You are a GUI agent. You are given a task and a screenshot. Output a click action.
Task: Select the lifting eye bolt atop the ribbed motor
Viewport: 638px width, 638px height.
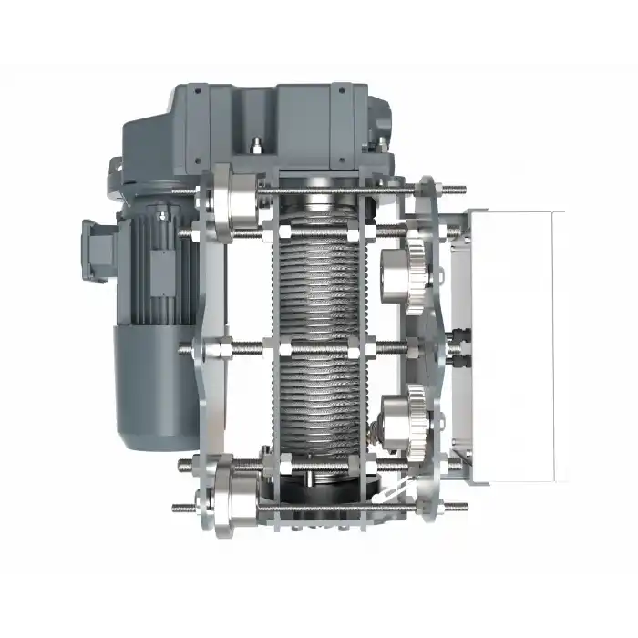[163, 215]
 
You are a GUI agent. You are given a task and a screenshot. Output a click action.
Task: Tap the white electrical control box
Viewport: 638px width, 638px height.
[515, 346]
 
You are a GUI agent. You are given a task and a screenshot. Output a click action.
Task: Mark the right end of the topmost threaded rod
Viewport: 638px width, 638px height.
[461, 190]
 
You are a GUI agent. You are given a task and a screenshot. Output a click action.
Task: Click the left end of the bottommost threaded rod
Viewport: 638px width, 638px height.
[178, 508]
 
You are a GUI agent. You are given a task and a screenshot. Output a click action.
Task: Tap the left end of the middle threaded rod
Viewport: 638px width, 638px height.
[185, 348]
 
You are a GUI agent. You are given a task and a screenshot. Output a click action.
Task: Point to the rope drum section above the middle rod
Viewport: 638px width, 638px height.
[315, 283]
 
